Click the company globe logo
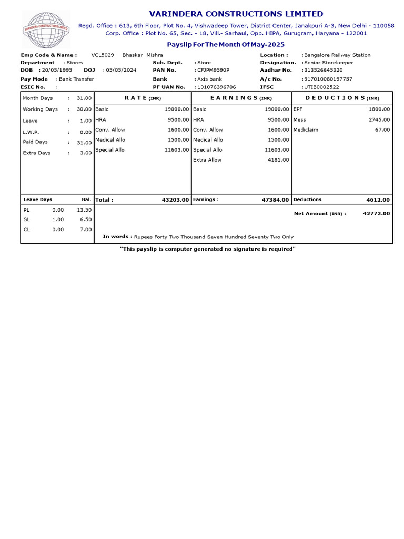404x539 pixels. (x=45, y=30)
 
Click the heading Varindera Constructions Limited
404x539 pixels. (x=236, y=14)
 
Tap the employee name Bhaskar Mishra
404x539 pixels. (x=143, y=55)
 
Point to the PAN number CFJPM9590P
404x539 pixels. (x=213, y=69)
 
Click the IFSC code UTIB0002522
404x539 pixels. (x=321, y=87)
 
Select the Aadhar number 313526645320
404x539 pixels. (x=323, y=69)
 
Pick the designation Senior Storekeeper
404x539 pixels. (x=328, y=62)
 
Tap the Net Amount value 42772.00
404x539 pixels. (x=377, y=213)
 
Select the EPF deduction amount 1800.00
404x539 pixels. (x=379, y=109)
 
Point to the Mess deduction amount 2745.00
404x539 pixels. (x=379, y=119)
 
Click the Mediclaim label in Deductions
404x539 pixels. (x=305, y=129)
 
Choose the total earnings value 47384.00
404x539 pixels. (x=275, y=200)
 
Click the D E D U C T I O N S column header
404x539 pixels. (x=342, y=98)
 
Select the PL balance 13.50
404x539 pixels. (x=85, y=209)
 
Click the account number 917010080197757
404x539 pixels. (x=328, y=79)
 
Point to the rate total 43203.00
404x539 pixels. (x=175, y=200)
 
